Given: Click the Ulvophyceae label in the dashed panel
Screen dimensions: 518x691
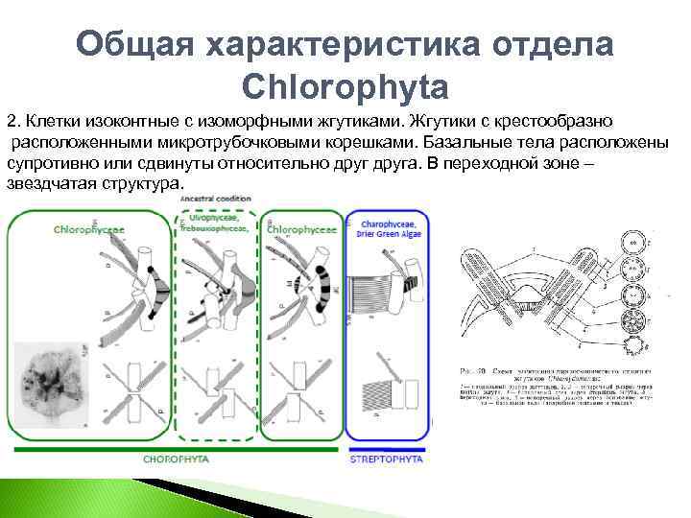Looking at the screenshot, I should (x=218, y=220).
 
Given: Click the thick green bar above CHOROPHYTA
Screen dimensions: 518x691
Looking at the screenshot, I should (x=173, y=448).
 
